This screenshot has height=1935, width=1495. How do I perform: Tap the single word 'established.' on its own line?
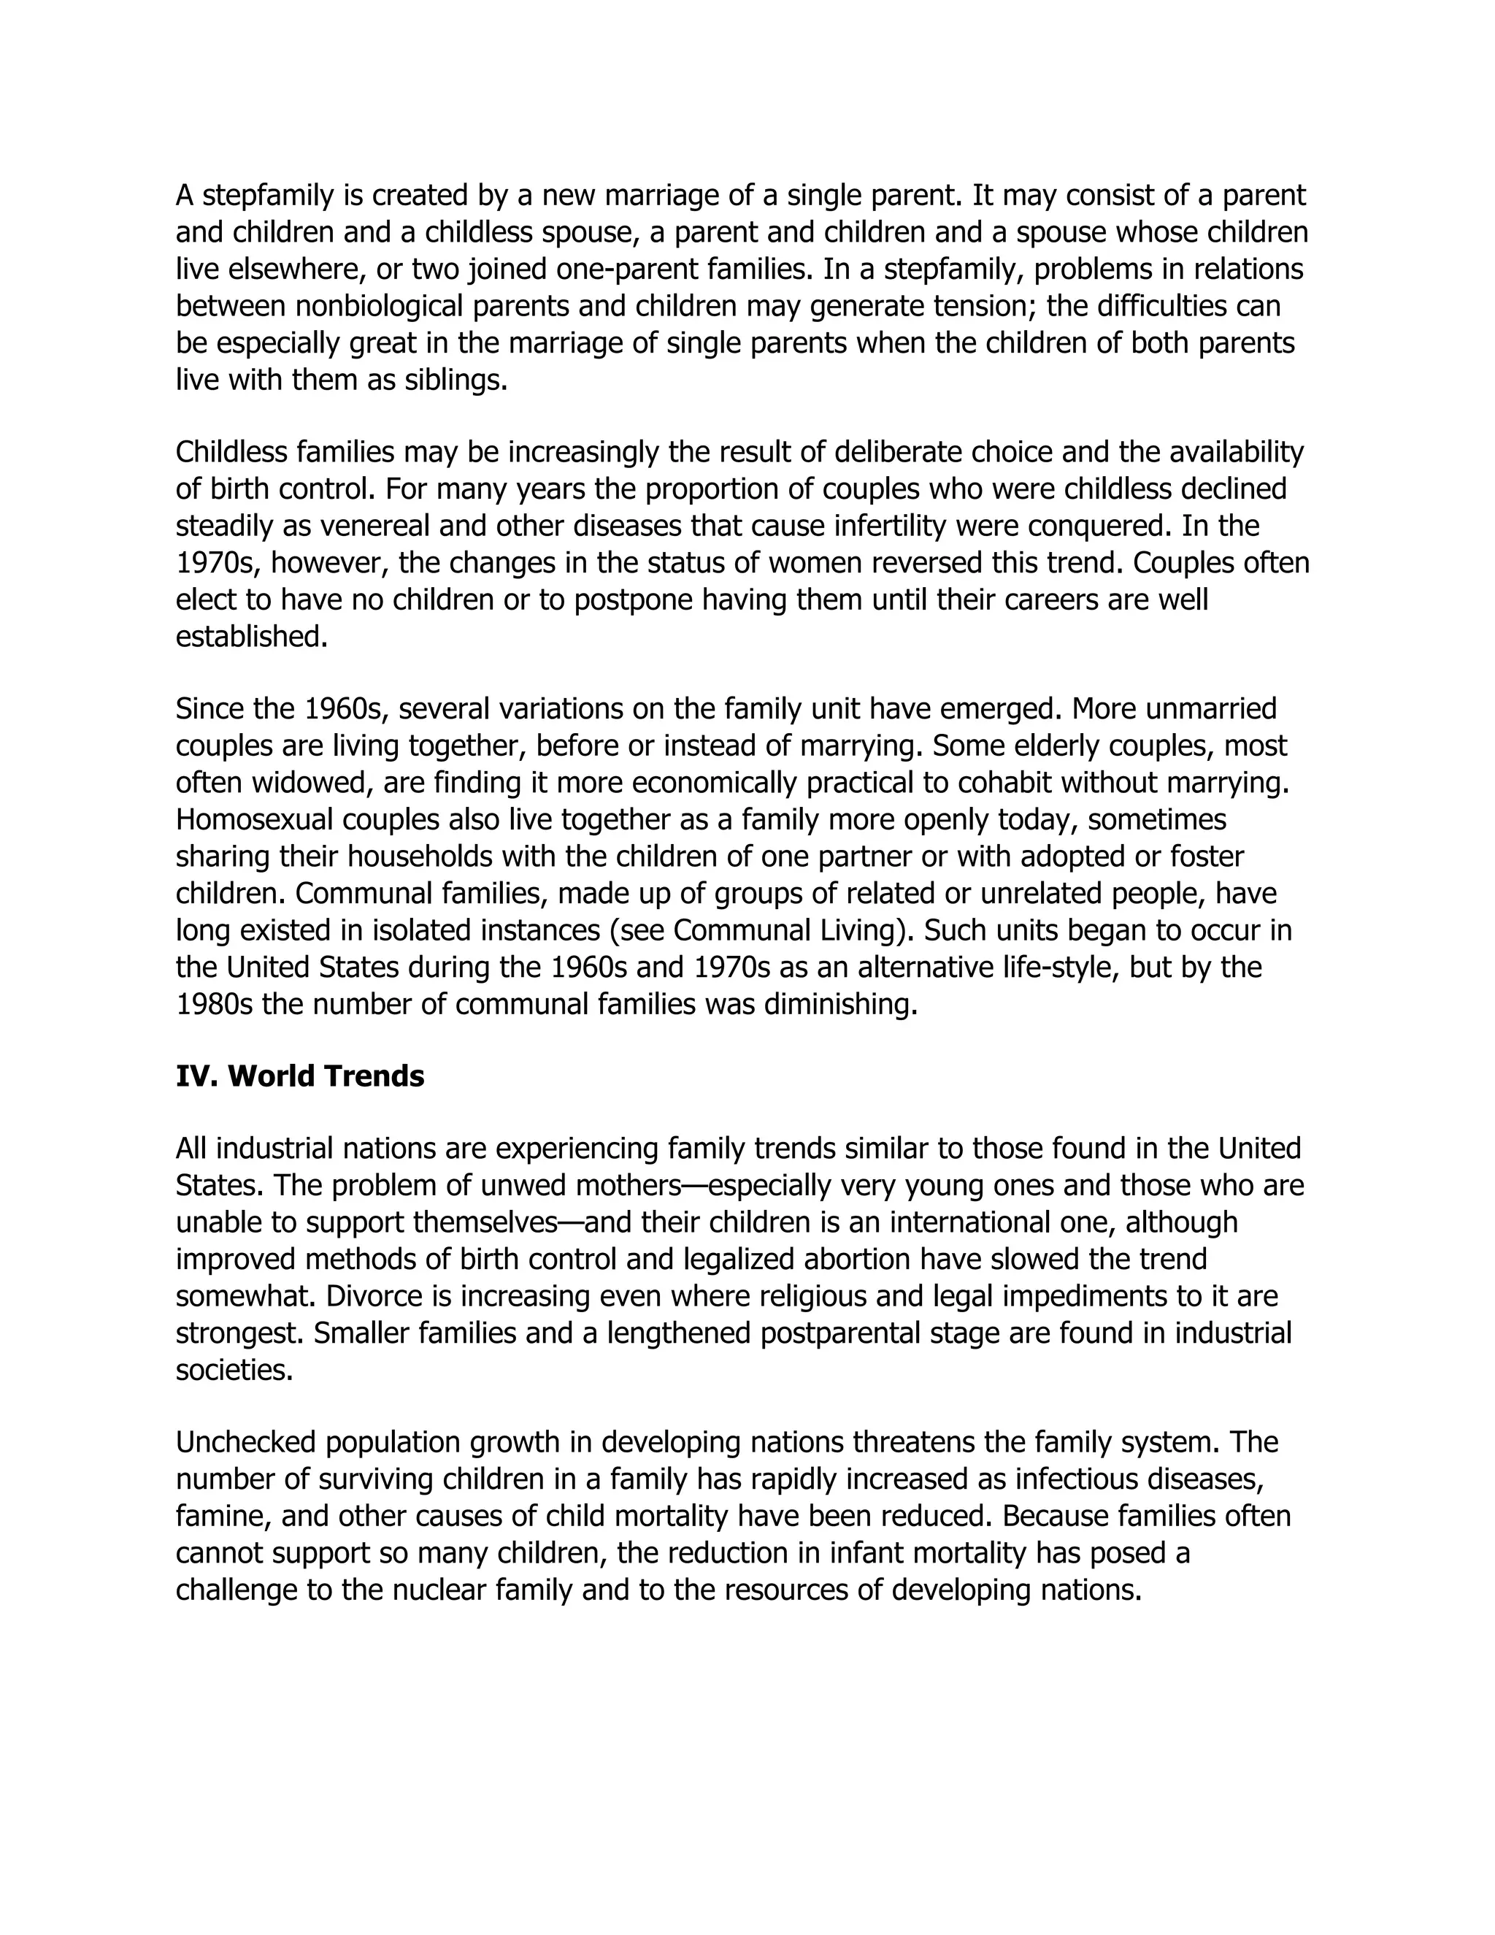[252, 637]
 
